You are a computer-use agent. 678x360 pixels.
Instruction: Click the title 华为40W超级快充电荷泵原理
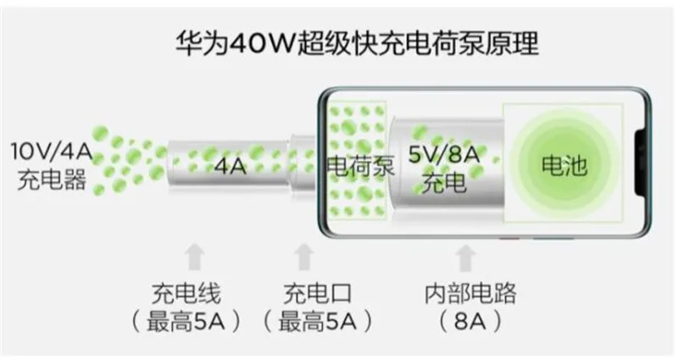(x=357, y=43)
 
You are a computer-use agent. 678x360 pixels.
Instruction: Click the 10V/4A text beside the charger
(x=52, y=152)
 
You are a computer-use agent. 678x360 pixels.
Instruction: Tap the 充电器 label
(x=52, y=180)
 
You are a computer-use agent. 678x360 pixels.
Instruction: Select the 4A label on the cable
(x=231, y=166)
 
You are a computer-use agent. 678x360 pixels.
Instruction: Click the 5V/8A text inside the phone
(x=444, y=155)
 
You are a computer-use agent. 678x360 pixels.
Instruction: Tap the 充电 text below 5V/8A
(x=444, y=183)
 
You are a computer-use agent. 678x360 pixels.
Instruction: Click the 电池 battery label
(x=564, y=165)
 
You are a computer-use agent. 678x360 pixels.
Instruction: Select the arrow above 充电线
(x=194, y=258)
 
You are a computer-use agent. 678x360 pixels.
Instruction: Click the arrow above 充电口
(x=304, y=258)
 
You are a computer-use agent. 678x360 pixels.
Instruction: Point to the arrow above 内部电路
(x=465, y=258)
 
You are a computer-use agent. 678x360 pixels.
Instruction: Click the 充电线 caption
(x=186, y=294)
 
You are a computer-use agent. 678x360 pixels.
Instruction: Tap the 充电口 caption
(x=317, y=294)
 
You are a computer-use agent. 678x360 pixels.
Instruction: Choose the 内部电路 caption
(x=470, y=294)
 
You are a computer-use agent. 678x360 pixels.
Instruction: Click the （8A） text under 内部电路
(x=470, y=322)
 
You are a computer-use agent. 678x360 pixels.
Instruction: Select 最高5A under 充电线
(x=186, y=322)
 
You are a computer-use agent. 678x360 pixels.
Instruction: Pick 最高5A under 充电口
(x=317, y=322)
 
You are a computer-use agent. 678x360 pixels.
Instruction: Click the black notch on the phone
(x=642, y=163)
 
